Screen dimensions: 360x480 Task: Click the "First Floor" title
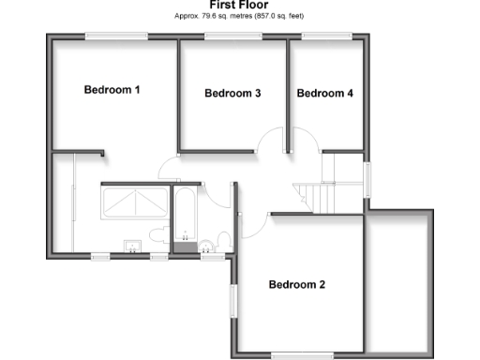[241, 5]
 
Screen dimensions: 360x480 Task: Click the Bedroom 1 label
[112, 91]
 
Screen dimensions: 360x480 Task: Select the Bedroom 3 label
[232, 94]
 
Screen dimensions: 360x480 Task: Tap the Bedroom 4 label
[324, 94]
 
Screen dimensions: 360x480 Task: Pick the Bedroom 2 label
[297, 284]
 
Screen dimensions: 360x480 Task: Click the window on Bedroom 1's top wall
[115, 37]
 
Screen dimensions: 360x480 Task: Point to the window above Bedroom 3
[232, 37]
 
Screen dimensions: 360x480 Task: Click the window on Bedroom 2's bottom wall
[301, 354]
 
